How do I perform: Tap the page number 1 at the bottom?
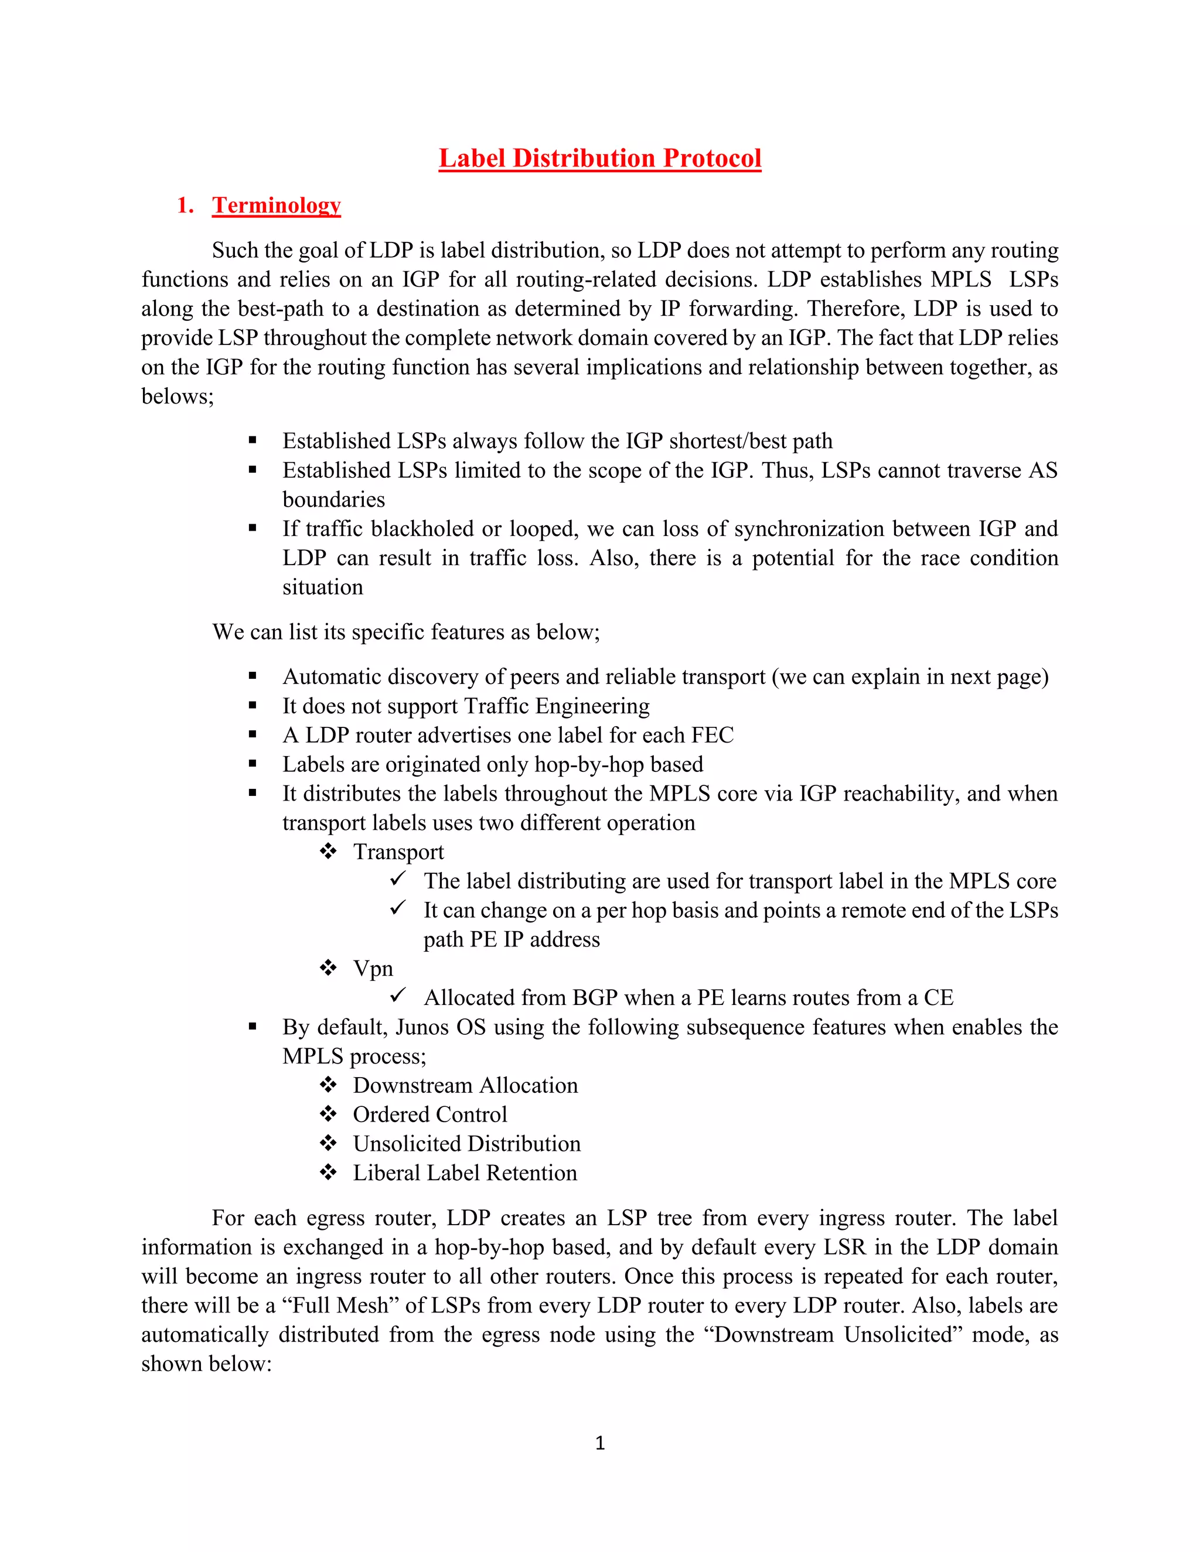(x=600, y=1442)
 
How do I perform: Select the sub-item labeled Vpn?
(x=373, y=968)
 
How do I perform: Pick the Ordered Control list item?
(x=429, y=1115)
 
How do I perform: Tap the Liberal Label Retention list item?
(x=465, y=1172)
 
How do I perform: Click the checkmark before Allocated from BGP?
(x=398, y=996)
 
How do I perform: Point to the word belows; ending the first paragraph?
(x=177, y=396)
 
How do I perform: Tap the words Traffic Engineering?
(x=556, y=706)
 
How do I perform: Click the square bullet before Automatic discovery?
(x=253, y=676)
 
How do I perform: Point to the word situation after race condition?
(x=323, y=587)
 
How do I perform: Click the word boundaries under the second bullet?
(x=333, y=500)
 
